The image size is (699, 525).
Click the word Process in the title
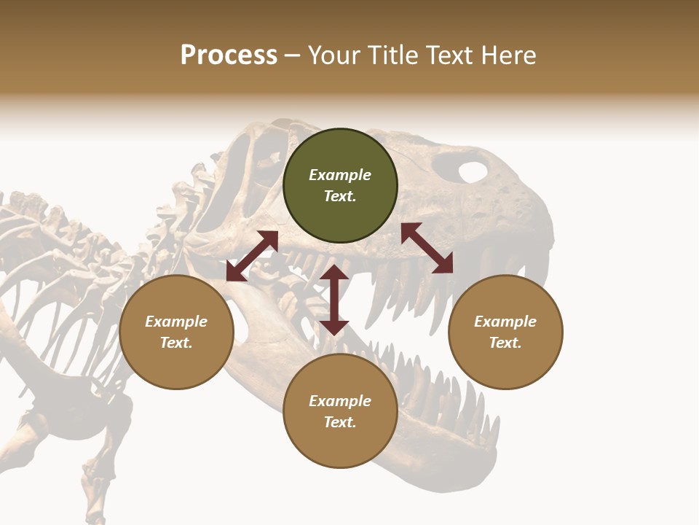coord(229,55)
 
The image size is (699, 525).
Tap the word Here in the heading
coord(508,55)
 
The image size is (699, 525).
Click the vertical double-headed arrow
coord(334,300)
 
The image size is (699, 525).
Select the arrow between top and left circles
coord(252,256)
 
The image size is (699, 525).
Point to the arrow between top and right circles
coord(427,248)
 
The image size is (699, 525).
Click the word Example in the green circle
coord(340,175)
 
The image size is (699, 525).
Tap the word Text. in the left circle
coord(176,343)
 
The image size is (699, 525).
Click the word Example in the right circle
coord(505,322)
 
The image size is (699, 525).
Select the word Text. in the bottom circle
coord(340,422)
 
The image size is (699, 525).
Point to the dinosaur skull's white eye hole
coord(473,172)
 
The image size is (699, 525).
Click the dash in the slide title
coord(293,55)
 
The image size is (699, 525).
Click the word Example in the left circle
coord(176,322)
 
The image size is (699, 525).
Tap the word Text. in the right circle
coord(505,343)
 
